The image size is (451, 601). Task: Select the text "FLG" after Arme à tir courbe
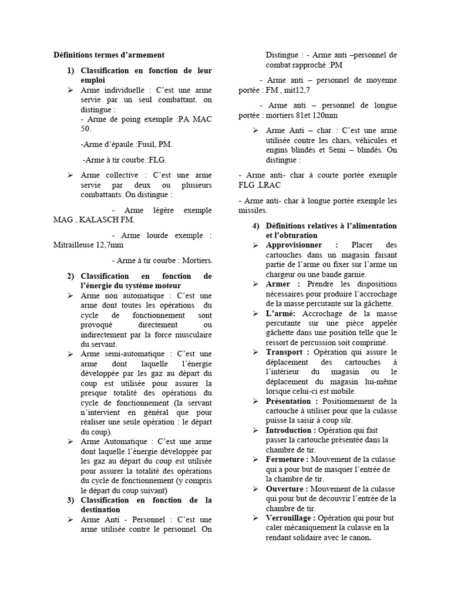[158, 160]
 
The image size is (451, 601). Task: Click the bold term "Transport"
[288, 352]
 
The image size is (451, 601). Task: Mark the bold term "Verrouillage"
[291, 518]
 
